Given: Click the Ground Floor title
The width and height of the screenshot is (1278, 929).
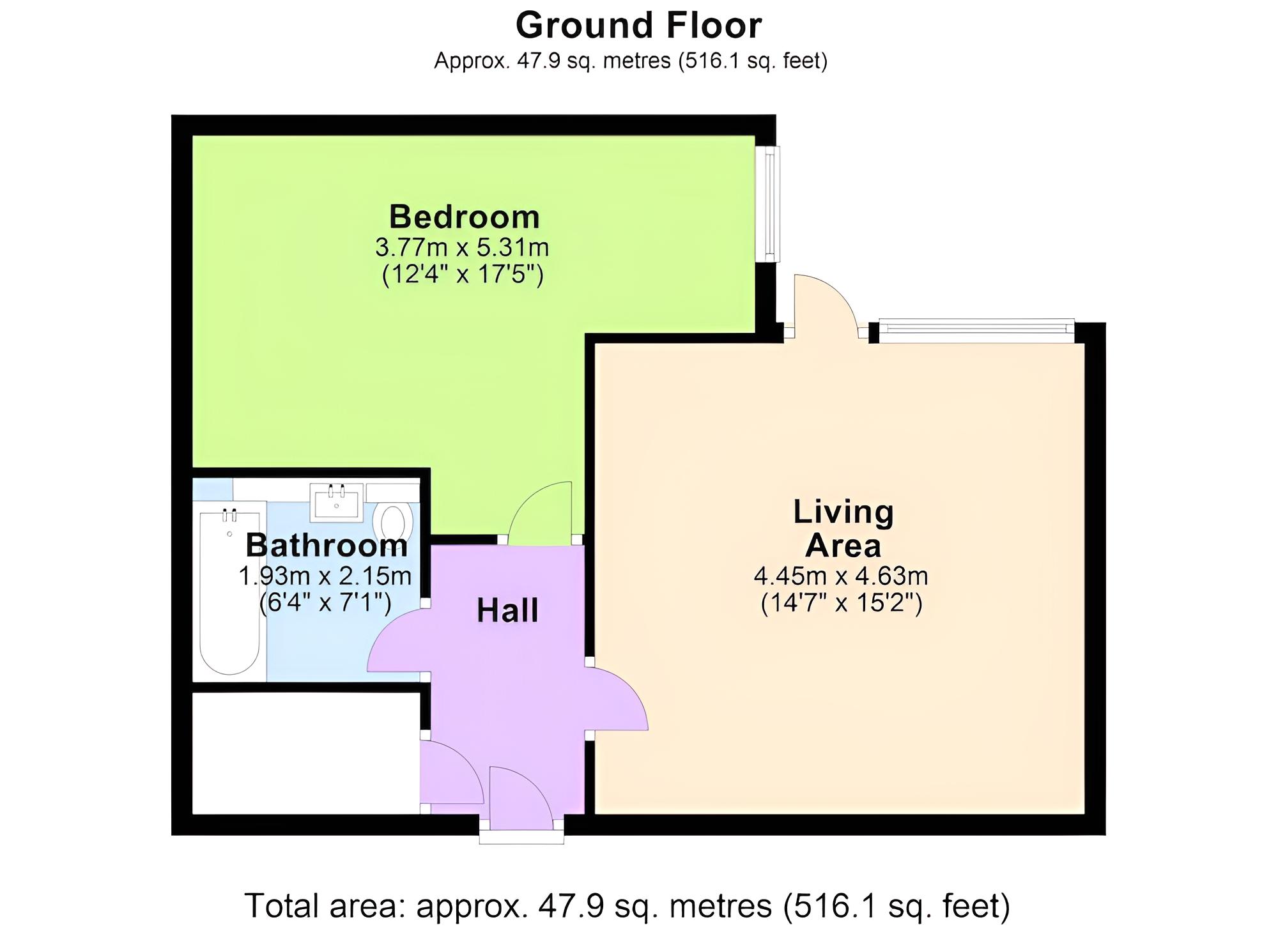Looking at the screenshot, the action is click(x=638, y=26).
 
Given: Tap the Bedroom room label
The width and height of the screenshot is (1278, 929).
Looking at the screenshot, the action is click(x=465, y=217).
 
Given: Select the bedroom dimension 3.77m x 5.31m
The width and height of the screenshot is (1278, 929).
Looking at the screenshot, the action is click(x=462, y=247).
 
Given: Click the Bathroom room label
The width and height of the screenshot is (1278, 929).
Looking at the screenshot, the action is click(x=327, y=545).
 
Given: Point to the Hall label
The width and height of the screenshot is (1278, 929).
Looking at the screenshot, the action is click(x=507, y=610).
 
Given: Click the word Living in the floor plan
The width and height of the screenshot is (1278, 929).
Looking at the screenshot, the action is click(x=843, y=513).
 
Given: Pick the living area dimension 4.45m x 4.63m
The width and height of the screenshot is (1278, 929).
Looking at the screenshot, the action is click(x=841, y=576).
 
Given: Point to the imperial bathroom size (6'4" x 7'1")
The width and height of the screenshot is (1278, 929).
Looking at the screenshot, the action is click(x=325, y=603).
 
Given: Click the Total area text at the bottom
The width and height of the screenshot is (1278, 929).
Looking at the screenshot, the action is click(x=627, y=905).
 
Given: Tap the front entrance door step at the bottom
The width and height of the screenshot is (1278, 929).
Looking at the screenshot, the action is click(x=521, y=838).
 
